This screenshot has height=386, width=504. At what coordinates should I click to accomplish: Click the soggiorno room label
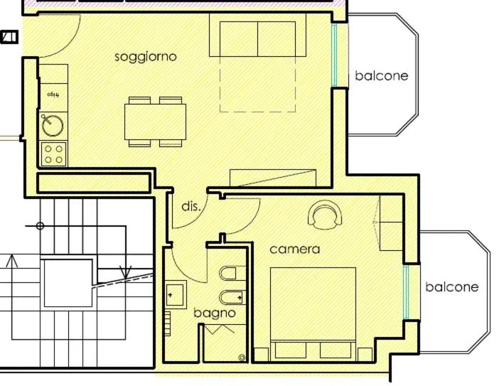coord(146,57)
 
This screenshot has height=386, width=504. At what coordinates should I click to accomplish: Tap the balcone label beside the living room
coord(382,76)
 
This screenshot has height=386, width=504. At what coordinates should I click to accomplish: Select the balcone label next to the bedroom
coord(451,287)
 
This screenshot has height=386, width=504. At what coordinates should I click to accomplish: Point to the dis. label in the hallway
coord(191,207)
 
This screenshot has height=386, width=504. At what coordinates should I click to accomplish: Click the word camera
coord(294,250)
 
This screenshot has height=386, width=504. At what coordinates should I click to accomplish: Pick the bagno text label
coord(214,313)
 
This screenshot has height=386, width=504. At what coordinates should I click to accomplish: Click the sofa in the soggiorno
coord(257,39)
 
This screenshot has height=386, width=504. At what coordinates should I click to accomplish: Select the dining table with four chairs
coord(155,122)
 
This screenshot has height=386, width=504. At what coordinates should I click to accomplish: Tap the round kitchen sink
coord(53,126)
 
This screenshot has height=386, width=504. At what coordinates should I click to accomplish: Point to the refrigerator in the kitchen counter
coord(53,93)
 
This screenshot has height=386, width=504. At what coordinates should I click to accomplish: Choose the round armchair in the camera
coord(325,215)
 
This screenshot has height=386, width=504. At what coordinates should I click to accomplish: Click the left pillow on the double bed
coord(291,350)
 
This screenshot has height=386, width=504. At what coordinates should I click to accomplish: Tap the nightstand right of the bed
coord(365,354)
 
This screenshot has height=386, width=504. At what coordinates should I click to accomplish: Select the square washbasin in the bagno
coord(175,294)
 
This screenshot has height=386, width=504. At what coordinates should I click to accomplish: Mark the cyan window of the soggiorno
coord(334,55)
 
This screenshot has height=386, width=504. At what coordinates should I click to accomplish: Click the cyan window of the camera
coord(407,292)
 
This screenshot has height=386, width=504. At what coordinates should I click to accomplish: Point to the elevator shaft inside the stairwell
coord(68,283)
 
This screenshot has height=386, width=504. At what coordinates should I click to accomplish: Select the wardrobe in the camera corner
coord(391,223)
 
